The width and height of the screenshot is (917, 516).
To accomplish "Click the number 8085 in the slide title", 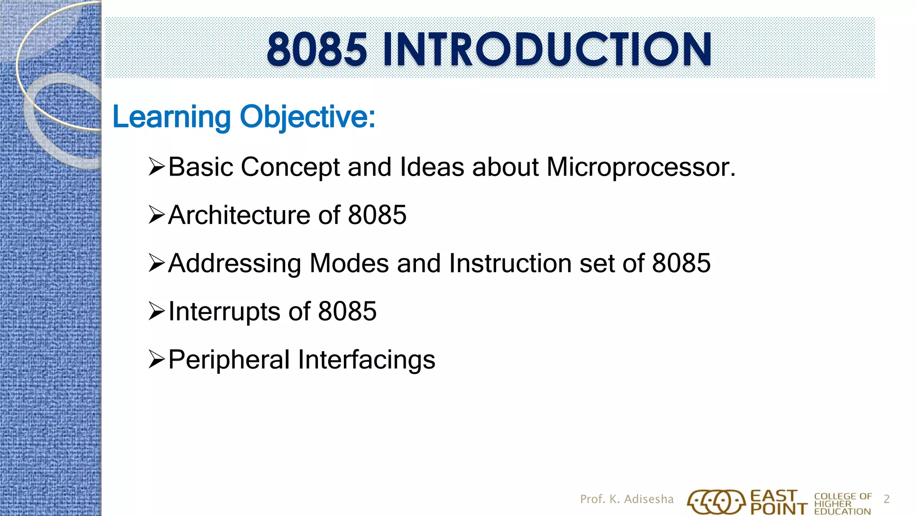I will click(317, 49).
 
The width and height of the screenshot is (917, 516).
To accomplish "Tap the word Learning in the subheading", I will click(171, 117).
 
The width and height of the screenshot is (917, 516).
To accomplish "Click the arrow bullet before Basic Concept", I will click(157, 167).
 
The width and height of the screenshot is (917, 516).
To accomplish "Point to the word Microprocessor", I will click(641, 168).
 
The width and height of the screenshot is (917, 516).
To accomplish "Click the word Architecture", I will click(239, 215).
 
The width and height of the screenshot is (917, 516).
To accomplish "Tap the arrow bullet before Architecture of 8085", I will click(157, 215).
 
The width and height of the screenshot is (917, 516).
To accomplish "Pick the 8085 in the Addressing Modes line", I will click(681, 263).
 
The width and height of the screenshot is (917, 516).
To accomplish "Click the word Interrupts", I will click(224, 311).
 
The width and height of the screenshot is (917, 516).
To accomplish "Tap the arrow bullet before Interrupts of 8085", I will click(157, 311).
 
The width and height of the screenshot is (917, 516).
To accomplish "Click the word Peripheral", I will click(229, 360).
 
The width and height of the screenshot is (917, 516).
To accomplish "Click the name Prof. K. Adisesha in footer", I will click(626, 499).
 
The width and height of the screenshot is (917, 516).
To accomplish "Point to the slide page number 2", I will click(886, 499).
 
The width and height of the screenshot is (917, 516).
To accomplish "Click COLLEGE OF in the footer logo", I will click(843, 496).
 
